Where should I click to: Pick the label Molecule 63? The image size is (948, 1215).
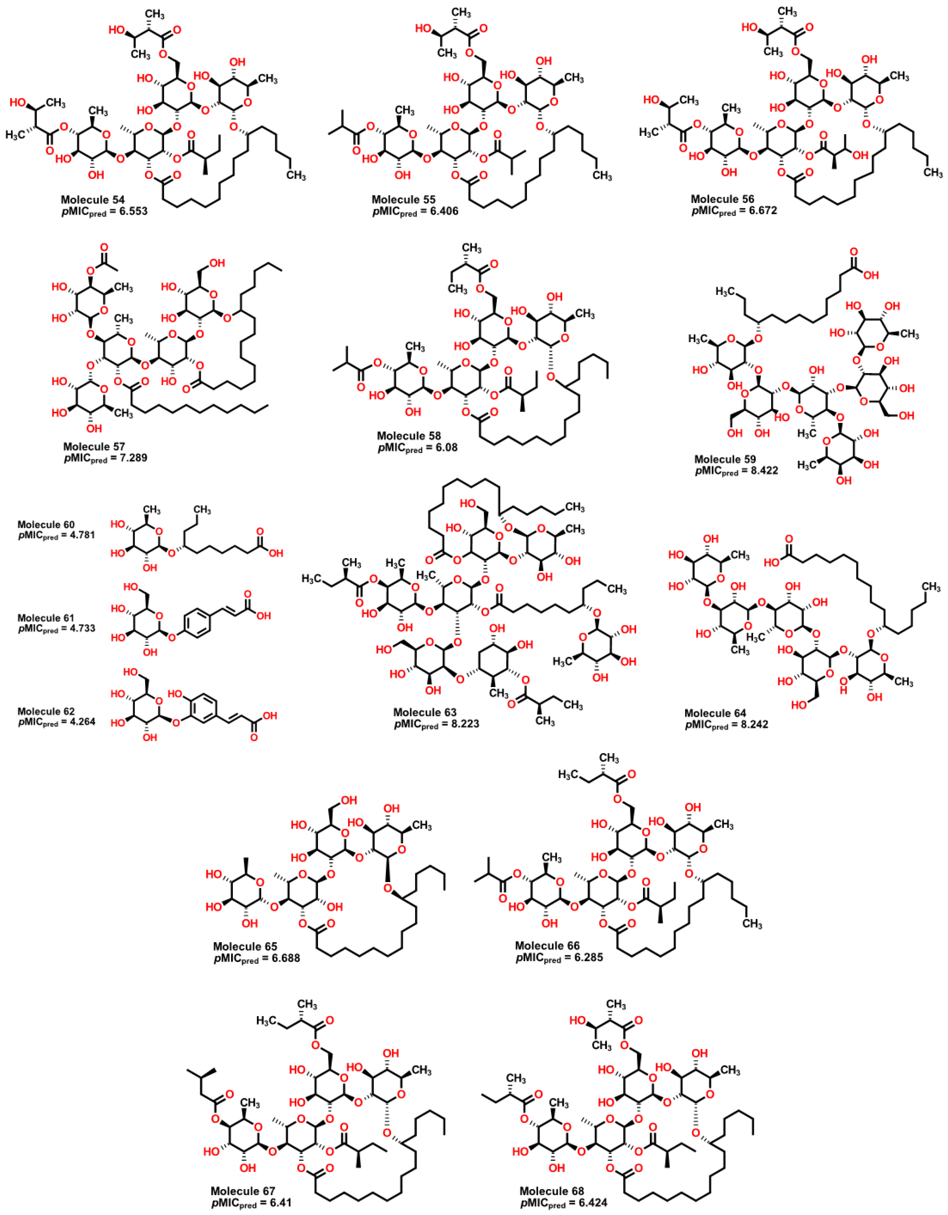pos(425,713)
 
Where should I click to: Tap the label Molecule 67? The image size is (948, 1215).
pos(243,1191)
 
